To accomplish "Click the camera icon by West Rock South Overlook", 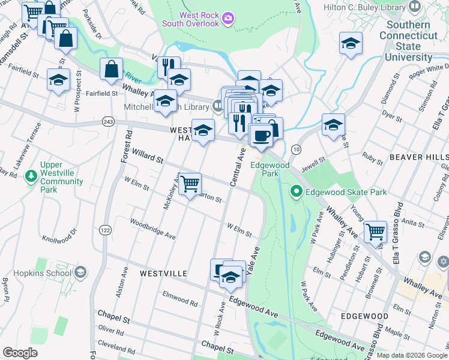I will [x=227, y=19].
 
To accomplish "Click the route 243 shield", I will [x=108, y=121].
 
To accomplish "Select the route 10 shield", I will [x=296, y=148].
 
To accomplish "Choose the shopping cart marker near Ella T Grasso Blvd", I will [x=375, y=230].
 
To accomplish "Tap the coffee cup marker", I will [x=261, y=136].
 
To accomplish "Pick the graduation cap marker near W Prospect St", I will [x=58, y=80].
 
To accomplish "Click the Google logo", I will [x=20, y=352].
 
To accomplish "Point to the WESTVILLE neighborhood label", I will [x=163, y=274].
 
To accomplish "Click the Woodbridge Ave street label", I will [x=154, y=229].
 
